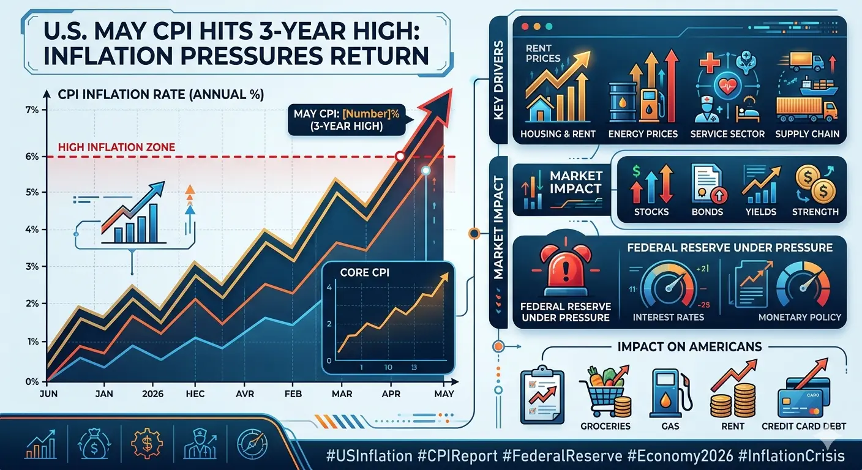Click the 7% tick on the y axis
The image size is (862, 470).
[32, 110]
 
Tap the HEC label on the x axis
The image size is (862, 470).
[195, 394]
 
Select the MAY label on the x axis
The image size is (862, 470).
[444, 394]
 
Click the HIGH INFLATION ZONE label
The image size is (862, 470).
[116, 147]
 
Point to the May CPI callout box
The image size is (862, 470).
[347, 119]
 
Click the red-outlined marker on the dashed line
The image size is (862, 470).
[400, 156]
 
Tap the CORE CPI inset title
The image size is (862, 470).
[365, 273]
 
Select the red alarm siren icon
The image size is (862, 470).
[565, 267]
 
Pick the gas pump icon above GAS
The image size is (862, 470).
[670, 394]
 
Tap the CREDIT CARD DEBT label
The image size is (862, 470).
[803, 426]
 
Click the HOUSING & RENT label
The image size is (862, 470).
[558, 134]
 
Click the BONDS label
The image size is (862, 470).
[707, 212]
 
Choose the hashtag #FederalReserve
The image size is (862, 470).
[562, 456]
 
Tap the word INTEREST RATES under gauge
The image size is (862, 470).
[669, 317]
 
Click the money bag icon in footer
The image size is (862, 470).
[94, 445]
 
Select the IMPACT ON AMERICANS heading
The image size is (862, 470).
[689, 346]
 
